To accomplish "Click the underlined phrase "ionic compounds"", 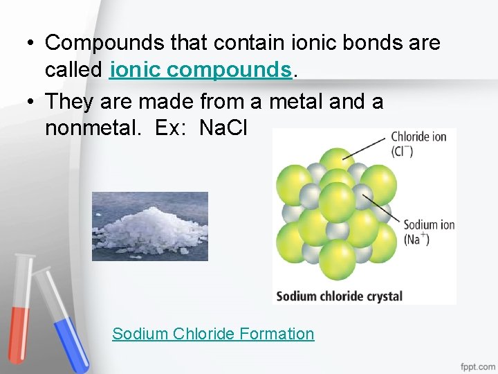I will (x=201, y=70).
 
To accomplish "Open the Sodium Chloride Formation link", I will (x=213, y=334).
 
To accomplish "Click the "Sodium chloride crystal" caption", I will (x=339, y=296).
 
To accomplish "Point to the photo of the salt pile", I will (x=150, y=226).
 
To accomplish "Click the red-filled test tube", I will (x=21, y=305).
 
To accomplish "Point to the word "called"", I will (x=75, y=70).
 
